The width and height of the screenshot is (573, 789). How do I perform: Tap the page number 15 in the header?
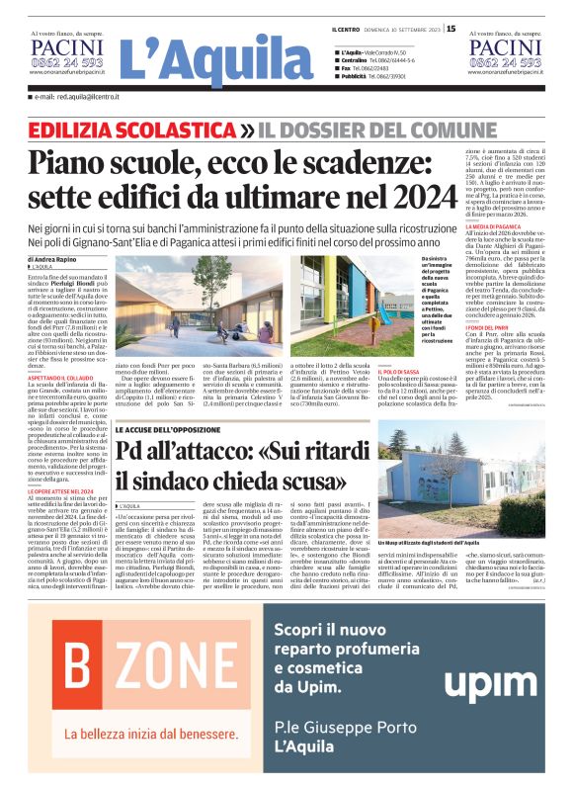point(451,29)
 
